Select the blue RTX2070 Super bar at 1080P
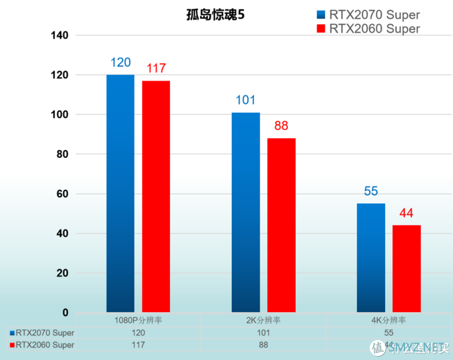(120, 193)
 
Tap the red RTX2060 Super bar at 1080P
(156, 196)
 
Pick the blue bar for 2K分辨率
(246, 212)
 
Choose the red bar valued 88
(281, 225)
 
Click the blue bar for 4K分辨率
(371, 257)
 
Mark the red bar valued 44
(406, 268)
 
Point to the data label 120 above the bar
(120, 63)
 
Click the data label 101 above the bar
(246, 101)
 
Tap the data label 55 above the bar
(371, 192)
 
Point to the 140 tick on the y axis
(59, 35)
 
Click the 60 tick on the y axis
(62, 194)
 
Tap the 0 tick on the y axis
(65, 313)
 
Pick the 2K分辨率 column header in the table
(264, 320)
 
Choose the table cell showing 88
(264, 345)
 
